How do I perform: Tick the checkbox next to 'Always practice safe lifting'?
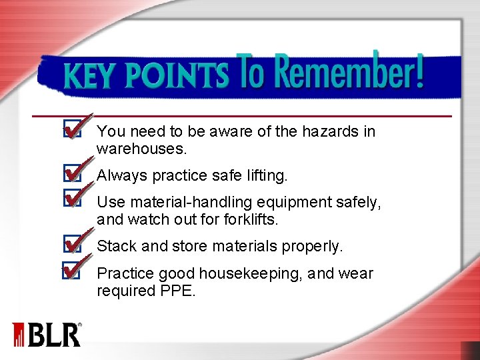tap(71, 175)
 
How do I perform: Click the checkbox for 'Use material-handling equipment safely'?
tap(71, 197)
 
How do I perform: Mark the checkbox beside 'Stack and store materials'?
tap(71, 245)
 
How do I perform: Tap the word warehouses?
tap(140, 149)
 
